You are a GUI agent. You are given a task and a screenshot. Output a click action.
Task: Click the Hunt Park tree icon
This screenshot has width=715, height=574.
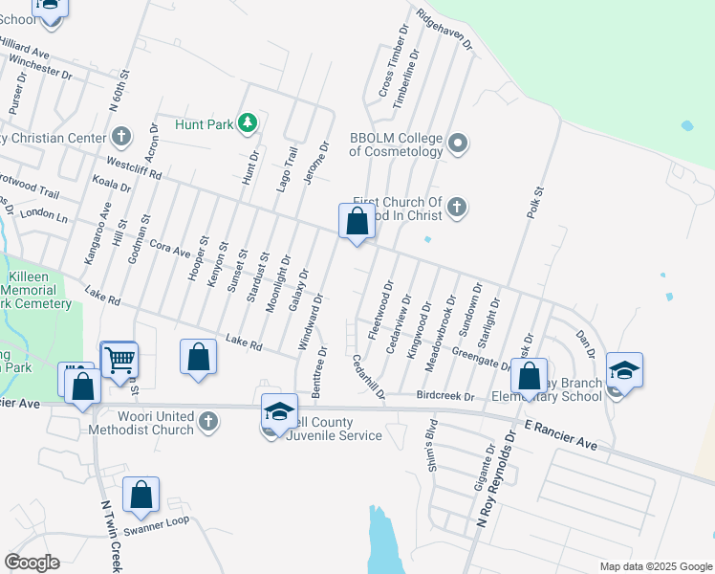(248, 122)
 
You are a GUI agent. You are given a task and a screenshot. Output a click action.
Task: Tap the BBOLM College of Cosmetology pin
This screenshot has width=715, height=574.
(458, 143)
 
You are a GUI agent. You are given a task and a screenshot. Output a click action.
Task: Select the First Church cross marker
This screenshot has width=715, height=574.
(458, 207)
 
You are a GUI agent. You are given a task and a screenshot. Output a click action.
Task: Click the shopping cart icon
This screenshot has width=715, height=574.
(119, 361)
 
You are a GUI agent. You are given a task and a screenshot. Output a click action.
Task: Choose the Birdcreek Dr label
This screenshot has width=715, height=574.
(445, 396)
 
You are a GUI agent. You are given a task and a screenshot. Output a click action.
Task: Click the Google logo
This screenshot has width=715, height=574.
(32, 563)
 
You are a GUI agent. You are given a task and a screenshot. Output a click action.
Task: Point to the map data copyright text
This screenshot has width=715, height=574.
(655, 566)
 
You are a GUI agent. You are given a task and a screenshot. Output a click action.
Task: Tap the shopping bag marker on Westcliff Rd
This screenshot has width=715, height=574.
(357, 223)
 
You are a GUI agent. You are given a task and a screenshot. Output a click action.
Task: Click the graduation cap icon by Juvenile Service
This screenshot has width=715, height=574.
(278, 411)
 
